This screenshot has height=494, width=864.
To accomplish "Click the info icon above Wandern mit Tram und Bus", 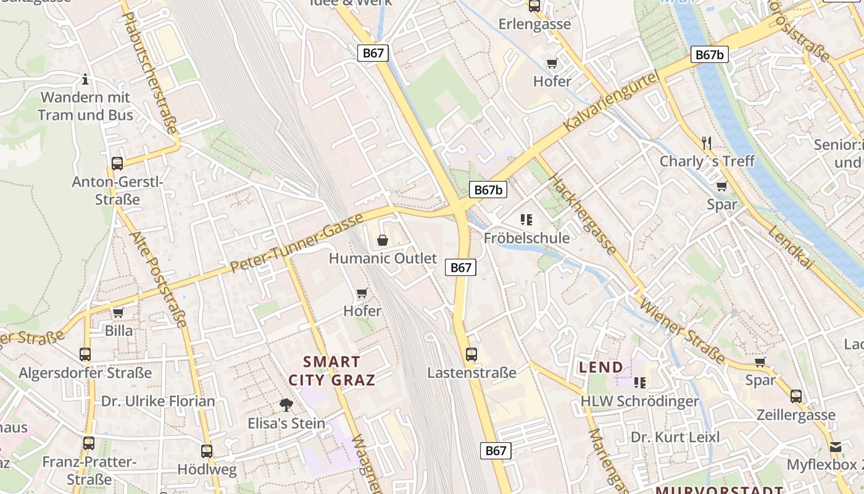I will click(85, 79).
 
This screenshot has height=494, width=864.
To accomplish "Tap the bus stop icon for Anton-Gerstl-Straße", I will click(117, 164).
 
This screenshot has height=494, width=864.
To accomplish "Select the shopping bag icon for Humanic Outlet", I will click(383, 240).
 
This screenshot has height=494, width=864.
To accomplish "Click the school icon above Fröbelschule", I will click(526, 219).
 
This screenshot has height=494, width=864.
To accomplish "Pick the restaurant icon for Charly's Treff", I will click(707, 143).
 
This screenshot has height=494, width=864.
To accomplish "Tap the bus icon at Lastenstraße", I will click(471, 354).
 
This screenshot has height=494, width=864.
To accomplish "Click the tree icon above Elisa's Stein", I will click(286, 405).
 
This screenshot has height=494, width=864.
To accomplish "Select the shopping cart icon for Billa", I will click(118, 312).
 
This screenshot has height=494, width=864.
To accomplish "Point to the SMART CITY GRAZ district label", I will click(332, 371).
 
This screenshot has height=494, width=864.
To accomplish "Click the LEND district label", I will click(600, 367).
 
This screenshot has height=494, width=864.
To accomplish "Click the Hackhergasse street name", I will click(582, 214).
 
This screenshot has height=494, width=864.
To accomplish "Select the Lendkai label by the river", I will click(791, 247).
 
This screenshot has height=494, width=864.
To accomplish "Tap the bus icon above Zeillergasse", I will click(796, 396).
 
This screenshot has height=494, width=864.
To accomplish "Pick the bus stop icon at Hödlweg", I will click(207, 451).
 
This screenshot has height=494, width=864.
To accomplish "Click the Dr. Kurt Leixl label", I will click(675, 437).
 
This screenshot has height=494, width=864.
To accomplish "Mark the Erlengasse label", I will click(534, 25).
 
